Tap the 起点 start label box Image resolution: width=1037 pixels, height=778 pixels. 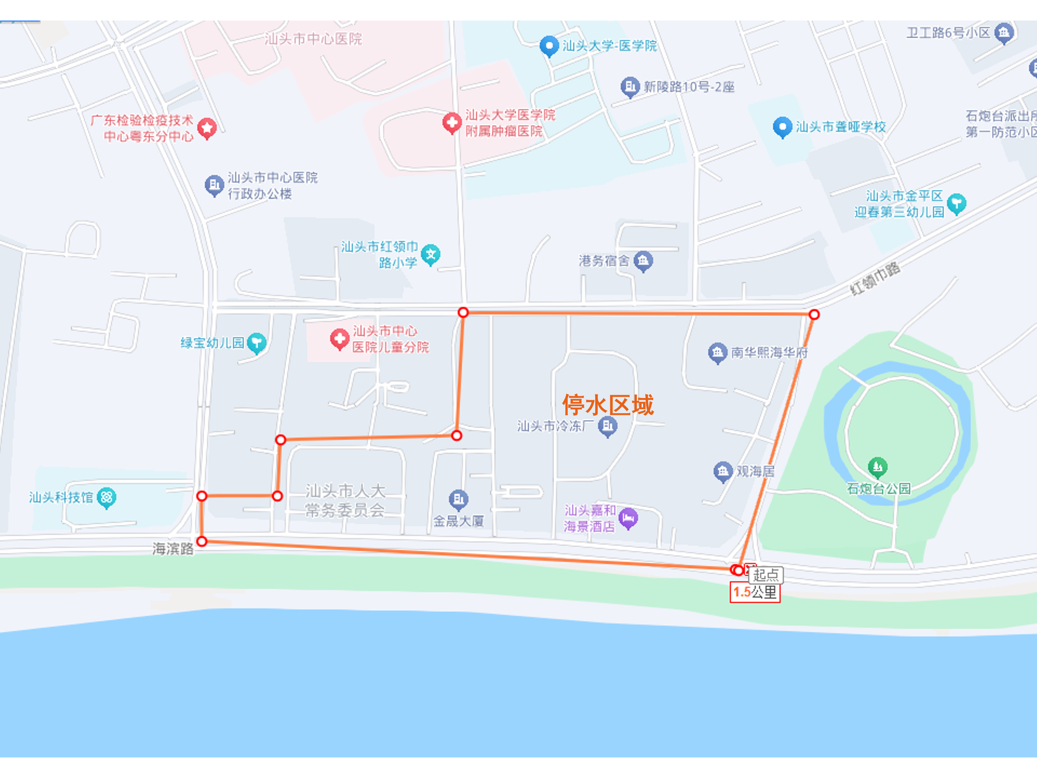(766, 574)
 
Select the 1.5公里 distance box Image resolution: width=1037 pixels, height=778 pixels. (755, 592)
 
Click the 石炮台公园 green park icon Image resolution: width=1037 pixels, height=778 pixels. (877, 466)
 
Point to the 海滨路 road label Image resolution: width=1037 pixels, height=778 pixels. (172, 549)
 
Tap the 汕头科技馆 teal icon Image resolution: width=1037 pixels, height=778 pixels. (107, 497)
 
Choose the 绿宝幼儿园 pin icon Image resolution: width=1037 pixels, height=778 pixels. (256, 343)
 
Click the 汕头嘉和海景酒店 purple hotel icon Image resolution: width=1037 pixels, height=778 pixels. (628, 518)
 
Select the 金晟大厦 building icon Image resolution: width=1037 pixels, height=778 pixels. (458, 500)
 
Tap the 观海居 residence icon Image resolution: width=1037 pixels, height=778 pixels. (722, 471)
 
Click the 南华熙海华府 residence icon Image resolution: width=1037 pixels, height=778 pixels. (717, 353)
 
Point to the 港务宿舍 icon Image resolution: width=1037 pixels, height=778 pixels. (643, 260)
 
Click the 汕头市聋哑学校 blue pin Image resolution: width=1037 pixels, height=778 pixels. (782, 127)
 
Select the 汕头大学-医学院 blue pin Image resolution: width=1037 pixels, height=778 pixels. (549, 46)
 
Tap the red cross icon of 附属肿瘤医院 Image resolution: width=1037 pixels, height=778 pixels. (452, 123)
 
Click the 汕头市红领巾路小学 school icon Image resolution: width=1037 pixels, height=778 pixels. (430, 254)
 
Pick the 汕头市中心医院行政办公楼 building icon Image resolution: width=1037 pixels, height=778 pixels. (214, 185)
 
